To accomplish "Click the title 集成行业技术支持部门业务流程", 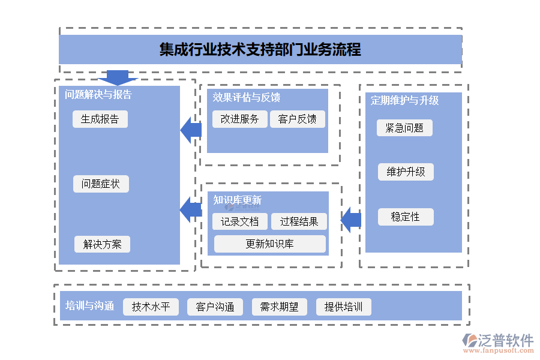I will pyautogui.click(x=260, y=49).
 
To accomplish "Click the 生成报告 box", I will pyautogui.click(x=100, y=119).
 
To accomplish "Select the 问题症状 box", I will pyautogui.click(x=101, y=184).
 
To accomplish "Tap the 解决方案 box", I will pyautogui.click(x=102, y=244).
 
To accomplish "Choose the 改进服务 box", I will pyautogui.click(x=239, y=119).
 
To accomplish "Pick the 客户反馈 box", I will pyautogui.click(x=297, y=119).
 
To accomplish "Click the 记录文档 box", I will pyautogui.click(x=239, y=221).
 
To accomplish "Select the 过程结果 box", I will pyautogui.click(x=299, y=221).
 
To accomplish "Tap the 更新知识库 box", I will pyautogui.click(x=270, y=244).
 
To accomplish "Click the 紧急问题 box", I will pyautogui.click(x=404, y=128).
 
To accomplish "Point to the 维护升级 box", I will pyautogui.click(x=406, y=172).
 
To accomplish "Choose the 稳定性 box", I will pyautogui.click(x=406, y=217).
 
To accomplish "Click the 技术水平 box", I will pyautogui.click(x=151, y=307).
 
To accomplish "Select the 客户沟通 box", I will pyautogui.click(x=215, y=307).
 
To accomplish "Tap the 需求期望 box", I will pyautogui.click(x=279, y=307).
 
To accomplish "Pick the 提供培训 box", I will pyautogui.click(x=344, y=307).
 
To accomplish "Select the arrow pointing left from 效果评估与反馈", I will pyautogui.click(x=191, y=130).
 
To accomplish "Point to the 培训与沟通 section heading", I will pyautogui.click(x=89, y=306).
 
